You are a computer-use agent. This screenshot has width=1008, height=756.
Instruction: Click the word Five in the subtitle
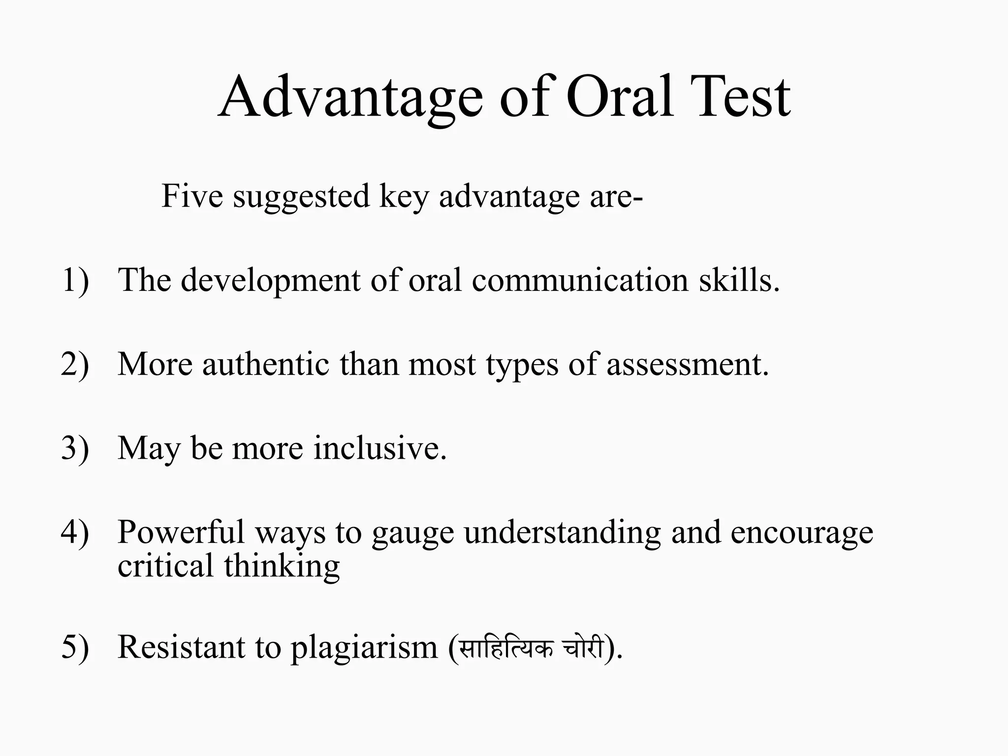[192, 196]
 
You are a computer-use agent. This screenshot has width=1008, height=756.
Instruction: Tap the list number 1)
[75, 281]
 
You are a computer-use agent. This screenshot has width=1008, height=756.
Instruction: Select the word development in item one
[271, 281]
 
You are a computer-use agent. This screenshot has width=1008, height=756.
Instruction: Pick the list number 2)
[75, 365]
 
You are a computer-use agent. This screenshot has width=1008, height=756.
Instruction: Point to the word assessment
[687, 365]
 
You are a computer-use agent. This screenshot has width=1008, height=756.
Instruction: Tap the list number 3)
[75, 448]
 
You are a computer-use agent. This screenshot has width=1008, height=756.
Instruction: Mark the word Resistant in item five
[181, 647]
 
